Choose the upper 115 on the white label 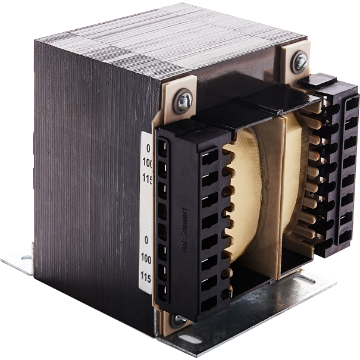pos(146,177)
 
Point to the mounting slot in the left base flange pos(26,258)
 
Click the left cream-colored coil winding pos(253,196)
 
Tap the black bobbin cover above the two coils pos(250,107)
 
